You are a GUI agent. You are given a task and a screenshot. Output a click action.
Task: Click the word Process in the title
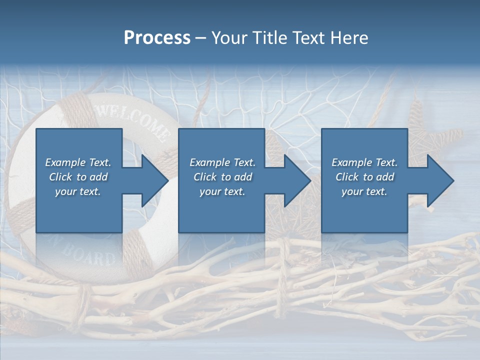157,38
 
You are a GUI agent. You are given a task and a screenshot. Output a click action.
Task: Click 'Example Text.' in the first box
78,162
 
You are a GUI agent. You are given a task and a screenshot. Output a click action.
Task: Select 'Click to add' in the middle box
222,177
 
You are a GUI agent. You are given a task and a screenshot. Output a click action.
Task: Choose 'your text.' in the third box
364,191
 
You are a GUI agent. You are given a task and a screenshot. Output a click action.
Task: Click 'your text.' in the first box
78,191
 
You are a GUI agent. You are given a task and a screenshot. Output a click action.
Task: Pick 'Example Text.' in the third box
364,162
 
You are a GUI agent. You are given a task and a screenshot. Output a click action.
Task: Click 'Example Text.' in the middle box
222,162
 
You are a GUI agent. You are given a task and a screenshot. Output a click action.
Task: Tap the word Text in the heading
307,38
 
